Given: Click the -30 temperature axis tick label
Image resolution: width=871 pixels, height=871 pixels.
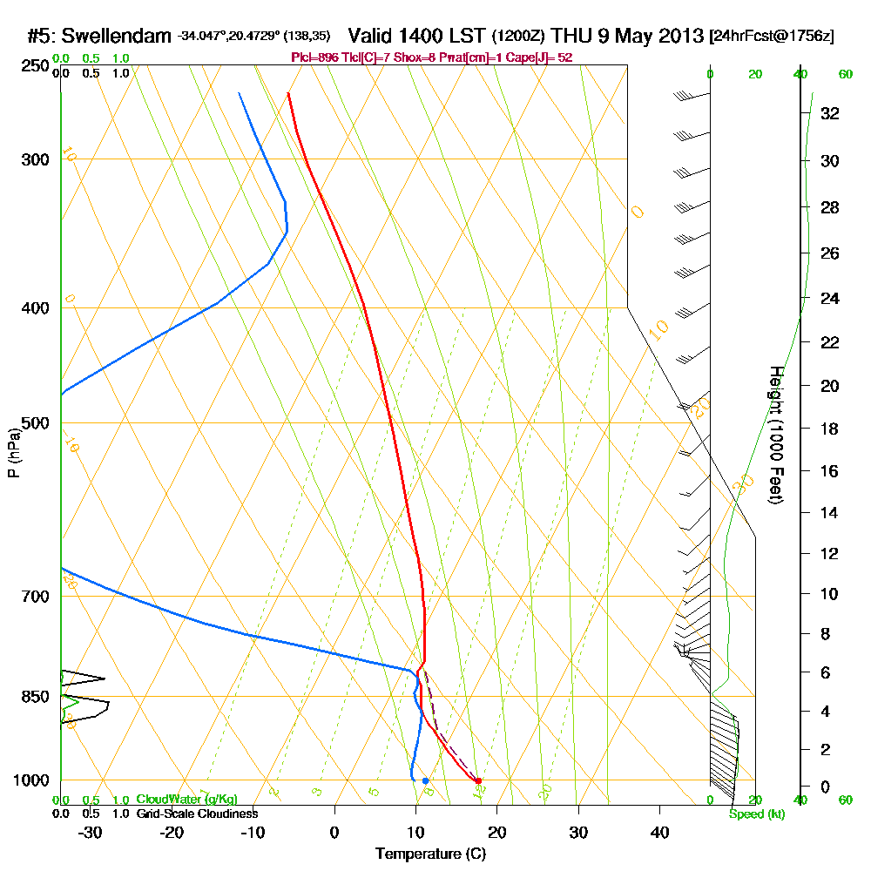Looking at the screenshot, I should (90, 832).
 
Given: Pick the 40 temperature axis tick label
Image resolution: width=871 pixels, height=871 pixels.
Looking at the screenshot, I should (659, 832).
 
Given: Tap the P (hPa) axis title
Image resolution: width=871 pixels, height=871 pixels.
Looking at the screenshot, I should (13, 453).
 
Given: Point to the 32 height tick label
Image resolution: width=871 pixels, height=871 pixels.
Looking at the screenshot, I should (830, 113).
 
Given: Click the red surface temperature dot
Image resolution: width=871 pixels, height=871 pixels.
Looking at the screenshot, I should (478, 780).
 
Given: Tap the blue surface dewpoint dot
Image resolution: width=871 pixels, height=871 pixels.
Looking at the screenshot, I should (425, 780).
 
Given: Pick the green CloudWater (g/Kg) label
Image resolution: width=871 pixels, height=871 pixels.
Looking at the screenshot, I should (186, 800).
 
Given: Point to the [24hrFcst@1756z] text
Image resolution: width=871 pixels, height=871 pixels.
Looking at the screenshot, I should (772, 37).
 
